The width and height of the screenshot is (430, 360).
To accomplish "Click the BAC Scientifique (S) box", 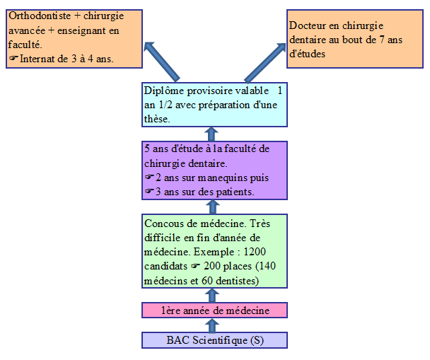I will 215,340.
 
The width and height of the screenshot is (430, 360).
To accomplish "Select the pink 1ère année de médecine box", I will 215,310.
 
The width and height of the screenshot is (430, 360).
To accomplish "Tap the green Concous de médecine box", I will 215,251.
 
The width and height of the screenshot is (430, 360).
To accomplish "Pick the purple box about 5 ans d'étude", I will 215,170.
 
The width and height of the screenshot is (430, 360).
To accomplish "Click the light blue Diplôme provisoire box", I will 215,105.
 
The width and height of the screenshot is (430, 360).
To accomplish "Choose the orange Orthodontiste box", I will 74,39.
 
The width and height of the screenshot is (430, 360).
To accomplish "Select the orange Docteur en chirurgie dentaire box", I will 356,39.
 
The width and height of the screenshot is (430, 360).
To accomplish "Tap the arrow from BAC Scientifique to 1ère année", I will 210,325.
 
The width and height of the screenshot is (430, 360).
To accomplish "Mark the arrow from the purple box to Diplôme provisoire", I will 210,134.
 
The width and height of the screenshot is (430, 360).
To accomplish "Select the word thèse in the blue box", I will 157,119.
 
